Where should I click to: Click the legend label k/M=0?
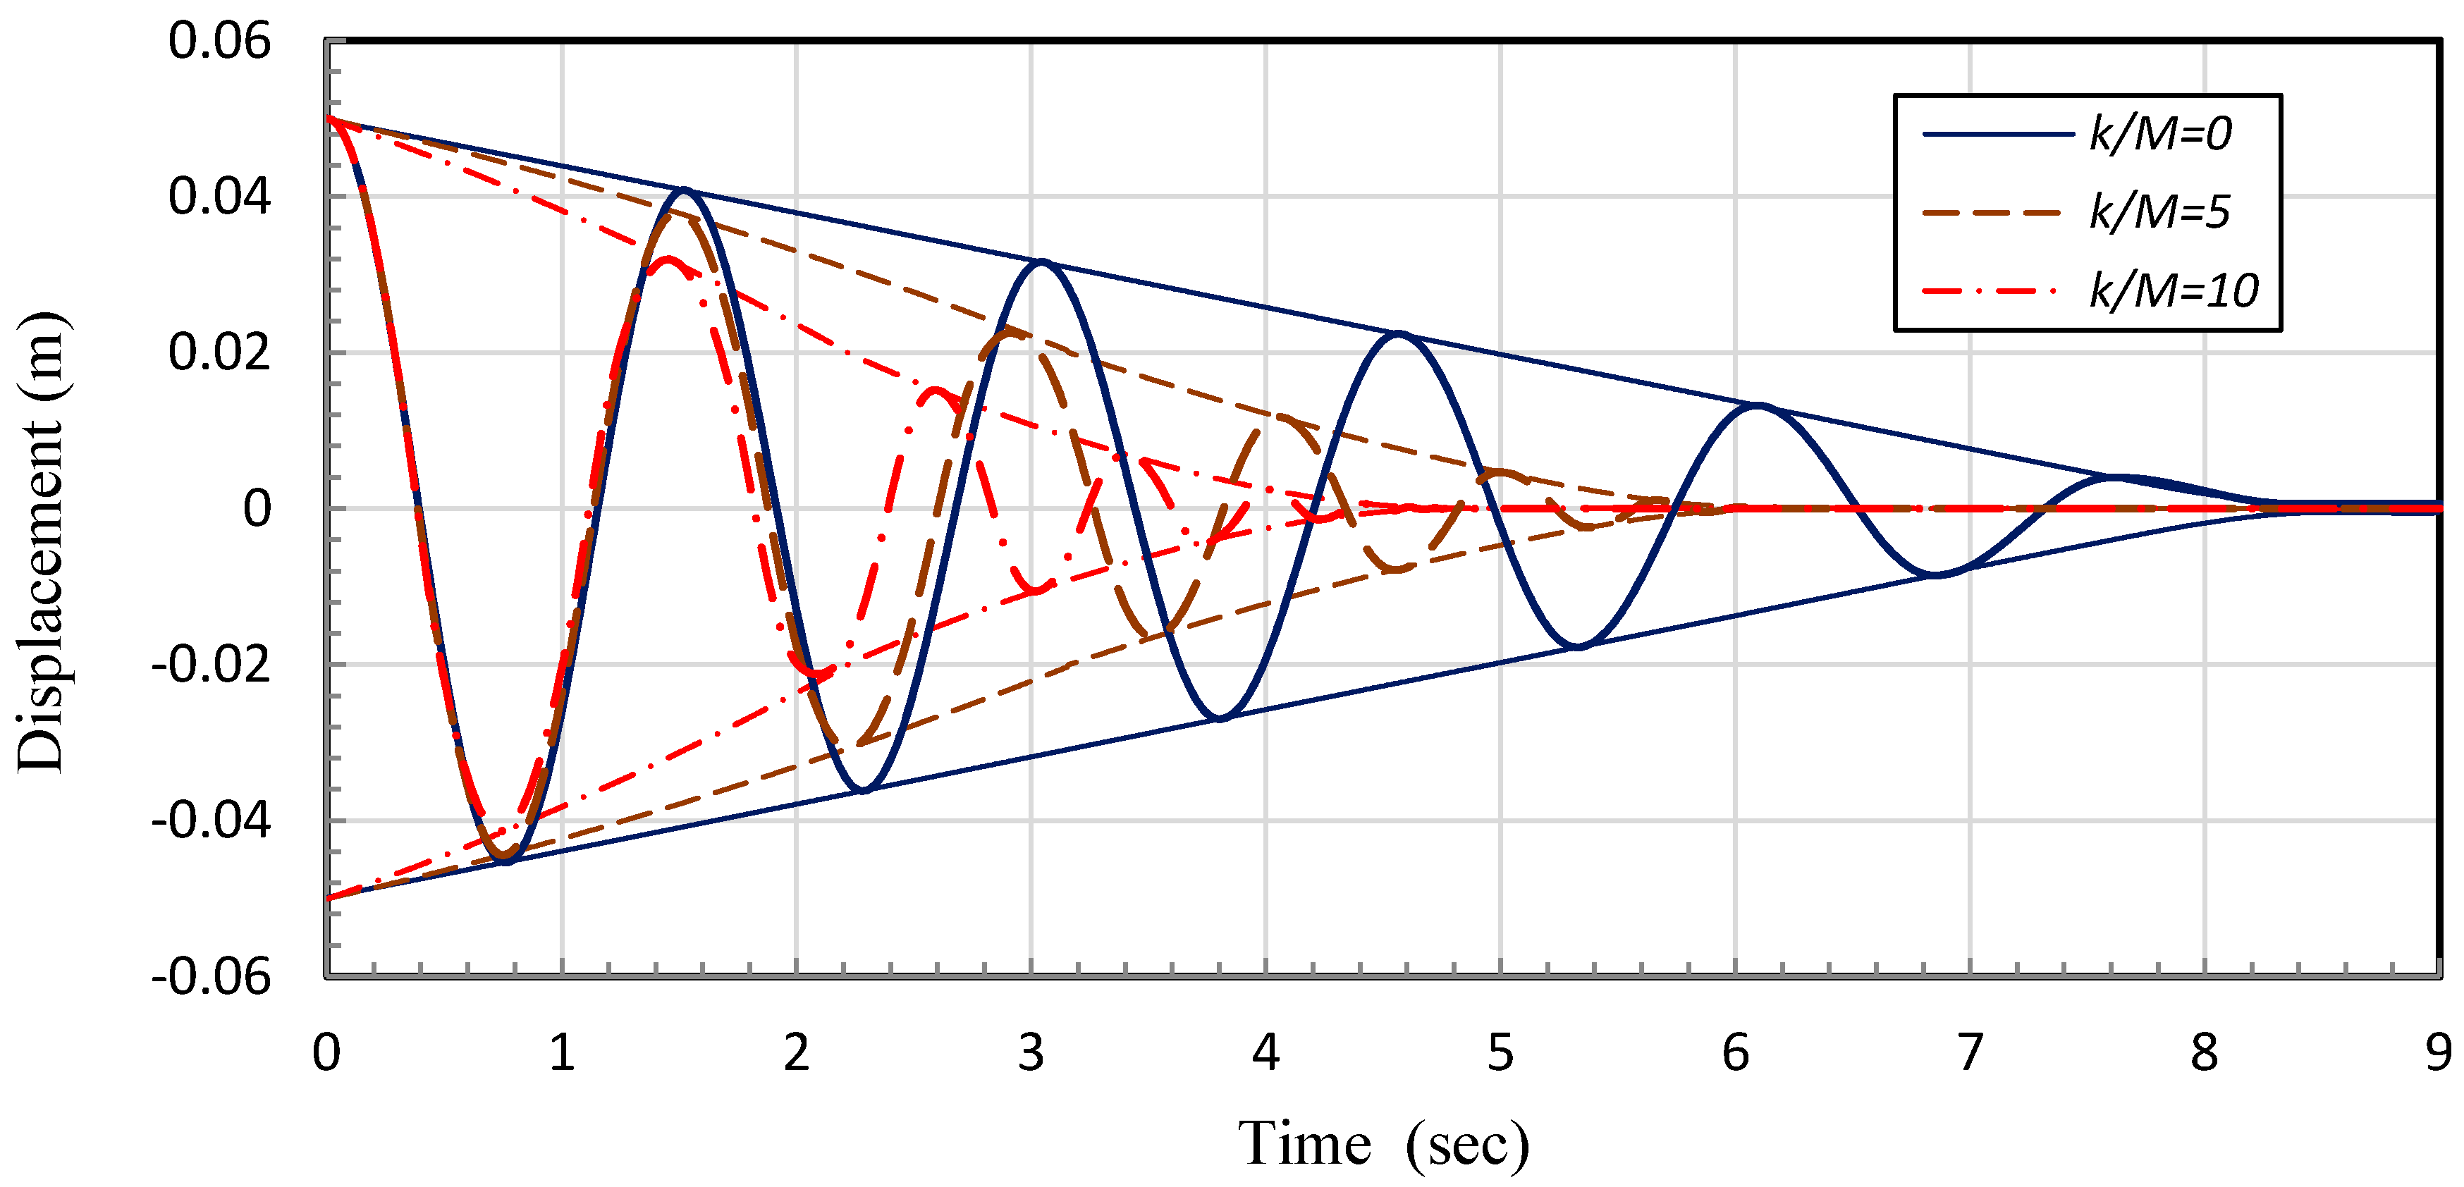coord(2160,134)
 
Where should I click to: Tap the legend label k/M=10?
coord(2174,290)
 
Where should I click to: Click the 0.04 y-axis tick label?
coord(219,197)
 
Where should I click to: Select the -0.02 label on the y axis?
coord(210,665)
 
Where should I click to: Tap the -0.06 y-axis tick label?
coord(210,976)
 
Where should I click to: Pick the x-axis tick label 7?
coord(1970,1053)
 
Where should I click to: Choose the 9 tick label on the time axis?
coord(2438,1053)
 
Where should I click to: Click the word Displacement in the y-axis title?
coord(40,593)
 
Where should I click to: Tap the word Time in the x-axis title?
coord(1304,1143)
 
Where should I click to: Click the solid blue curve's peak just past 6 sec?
coord(1758,405)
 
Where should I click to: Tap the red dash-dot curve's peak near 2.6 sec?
coord(935,390)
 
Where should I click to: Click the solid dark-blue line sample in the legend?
coord(1997,134)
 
